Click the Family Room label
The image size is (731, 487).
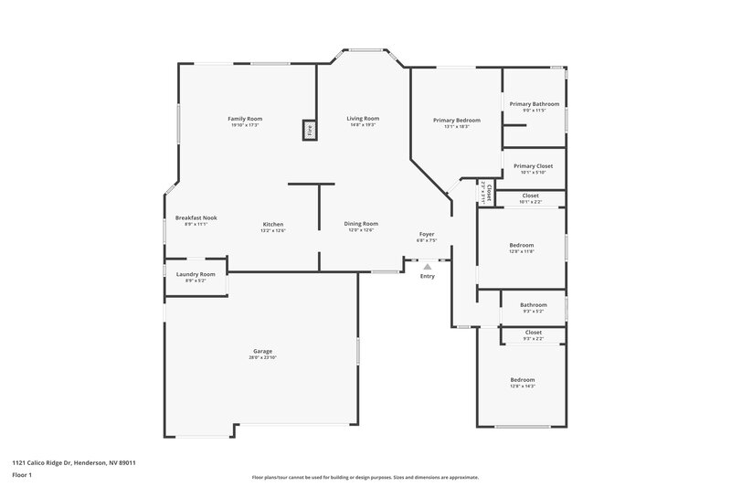point(245,119)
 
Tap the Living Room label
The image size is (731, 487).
point(363,119)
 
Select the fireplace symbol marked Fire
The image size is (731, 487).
point(310,130)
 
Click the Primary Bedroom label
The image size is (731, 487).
point(456,120)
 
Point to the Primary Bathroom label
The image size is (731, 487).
point(534,104)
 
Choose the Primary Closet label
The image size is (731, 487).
point(534,165)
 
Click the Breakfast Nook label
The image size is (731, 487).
point(196,217)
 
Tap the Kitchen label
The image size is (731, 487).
point(273,224)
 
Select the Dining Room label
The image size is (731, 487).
point(361,223)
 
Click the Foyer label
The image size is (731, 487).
point(427,235)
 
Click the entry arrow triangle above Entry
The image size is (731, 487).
point(427,267)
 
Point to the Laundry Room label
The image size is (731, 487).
point(196,274)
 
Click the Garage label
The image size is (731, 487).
point(263,351)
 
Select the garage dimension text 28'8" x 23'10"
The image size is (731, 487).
point(263,357)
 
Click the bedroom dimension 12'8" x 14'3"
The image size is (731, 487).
point(523,386)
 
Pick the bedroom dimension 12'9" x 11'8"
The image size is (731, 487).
point(522,251)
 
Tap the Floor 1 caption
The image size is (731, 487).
point(22,476)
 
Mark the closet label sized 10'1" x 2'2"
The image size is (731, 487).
point(530,201)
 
